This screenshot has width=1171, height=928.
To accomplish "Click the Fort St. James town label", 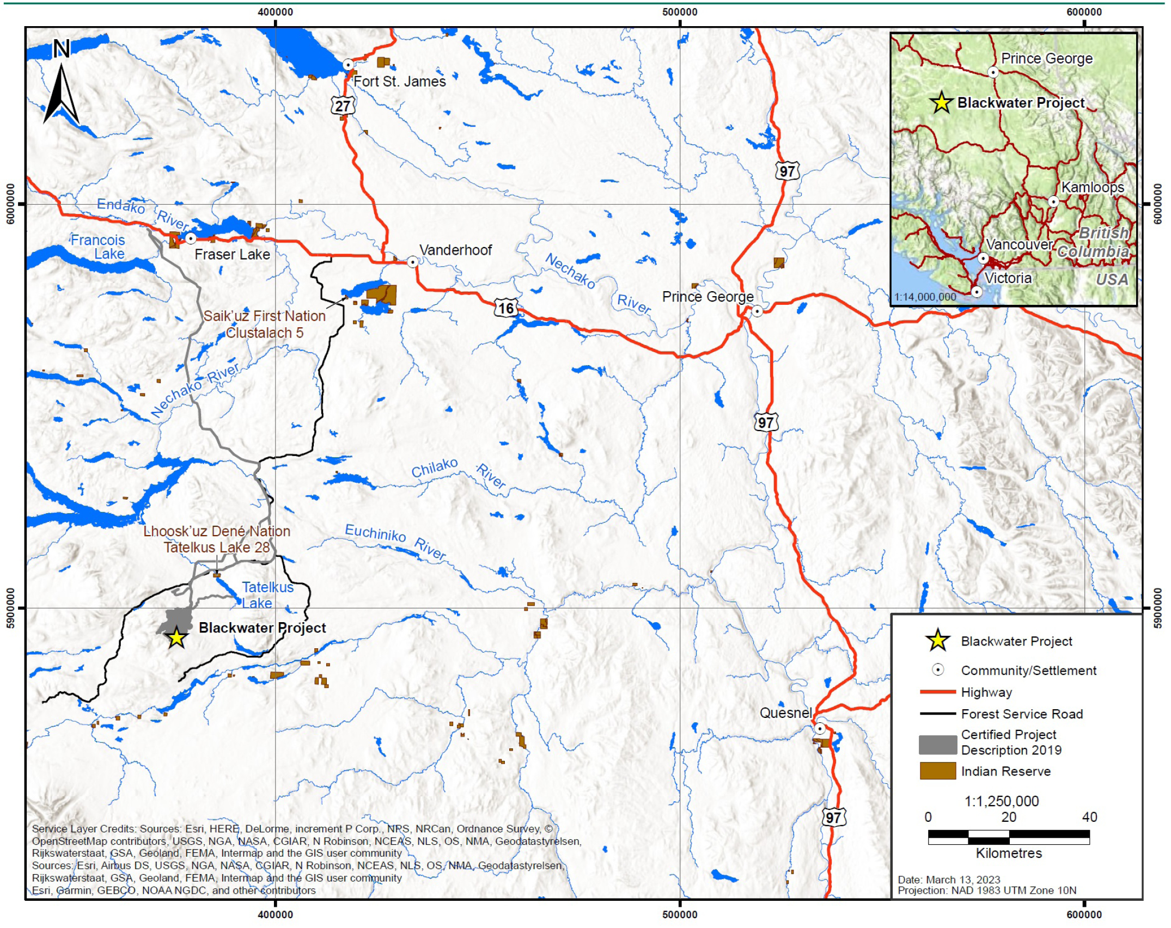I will pos(399,82).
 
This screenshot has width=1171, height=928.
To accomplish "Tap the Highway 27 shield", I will pos(343,105).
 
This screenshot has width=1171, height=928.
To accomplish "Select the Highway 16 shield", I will pos(506,309).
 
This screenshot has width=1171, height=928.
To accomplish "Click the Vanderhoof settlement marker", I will pos(413,262).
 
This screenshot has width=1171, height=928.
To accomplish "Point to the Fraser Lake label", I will pos(232,254).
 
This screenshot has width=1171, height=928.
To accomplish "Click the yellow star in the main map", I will pos(176,638).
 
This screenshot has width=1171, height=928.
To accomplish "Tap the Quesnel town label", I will pos(785,713).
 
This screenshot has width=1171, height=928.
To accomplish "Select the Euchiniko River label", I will pos(395,540).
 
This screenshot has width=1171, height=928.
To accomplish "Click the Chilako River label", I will pos(458,472).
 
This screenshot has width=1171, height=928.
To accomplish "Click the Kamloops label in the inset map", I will pos(1092,187).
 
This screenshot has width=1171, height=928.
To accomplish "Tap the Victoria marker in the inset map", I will pos(977,292).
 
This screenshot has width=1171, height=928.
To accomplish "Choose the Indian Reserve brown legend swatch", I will pos(937,771).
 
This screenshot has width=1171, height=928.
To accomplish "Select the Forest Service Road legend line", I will pos(937,714).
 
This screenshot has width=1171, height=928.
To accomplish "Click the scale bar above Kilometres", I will pos(1009,837).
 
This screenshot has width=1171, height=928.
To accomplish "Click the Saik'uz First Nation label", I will pos(264,316).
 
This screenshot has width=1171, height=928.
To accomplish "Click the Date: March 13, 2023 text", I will pos(949,880).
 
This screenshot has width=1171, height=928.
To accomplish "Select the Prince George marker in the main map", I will pos(757,311).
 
